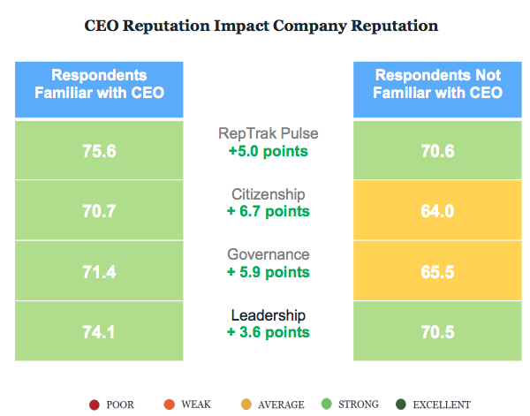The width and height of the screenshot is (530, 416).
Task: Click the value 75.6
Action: pos(99,151)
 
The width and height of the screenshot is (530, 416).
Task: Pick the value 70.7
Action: pos(99,211)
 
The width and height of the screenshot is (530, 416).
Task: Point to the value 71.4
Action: pos(99,271)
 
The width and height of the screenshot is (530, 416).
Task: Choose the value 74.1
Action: pos(99,332)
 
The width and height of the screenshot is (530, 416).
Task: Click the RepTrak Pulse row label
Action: pos(268,134)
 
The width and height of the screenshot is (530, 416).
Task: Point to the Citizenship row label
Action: pos(268,194)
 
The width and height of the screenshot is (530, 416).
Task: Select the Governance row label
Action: pos(268,254)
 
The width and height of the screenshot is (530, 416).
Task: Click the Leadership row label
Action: pos(268,315)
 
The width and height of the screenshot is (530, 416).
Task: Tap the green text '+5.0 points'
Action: pos(268,151)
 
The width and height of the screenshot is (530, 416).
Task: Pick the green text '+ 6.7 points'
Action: pos(268,211)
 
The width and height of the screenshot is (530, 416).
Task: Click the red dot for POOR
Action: pos(94,405)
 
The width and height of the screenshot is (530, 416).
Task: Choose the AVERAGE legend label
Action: pos(281,405)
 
